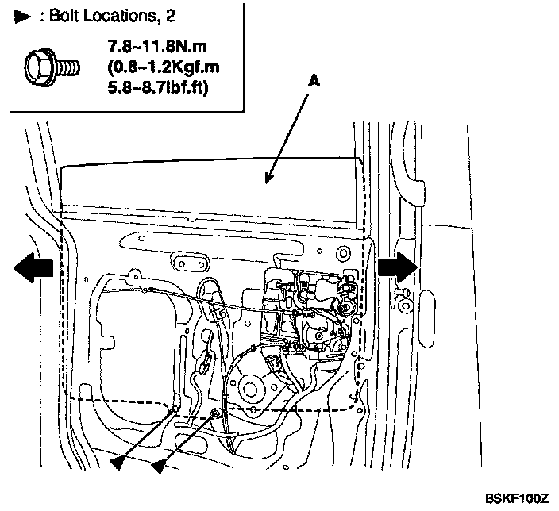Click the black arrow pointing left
(33, 268)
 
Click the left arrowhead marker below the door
(119, 463)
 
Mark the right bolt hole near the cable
(216, 413)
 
